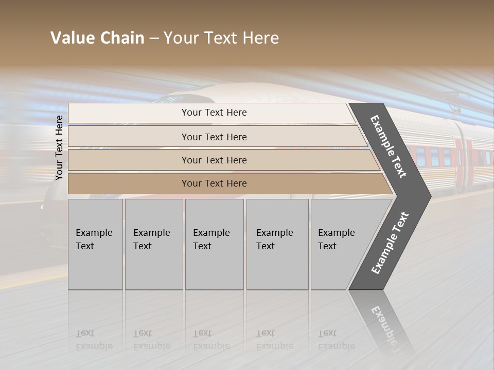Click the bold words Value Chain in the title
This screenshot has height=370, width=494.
click(x=97, y=38)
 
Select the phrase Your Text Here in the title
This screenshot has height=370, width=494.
click(x=221, y=38)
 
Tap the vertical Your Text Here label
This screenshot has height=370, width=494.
click(x=59, y=147)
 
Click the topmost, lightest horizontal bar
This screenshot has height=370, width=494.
click(x=214, y=113)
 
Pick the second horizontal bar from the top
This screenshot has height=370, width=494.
click(x=214, y=137)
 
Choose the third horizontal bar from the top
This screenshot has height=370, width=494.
click(x=214, y=160)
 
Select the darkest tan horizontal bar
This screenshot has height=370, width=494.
click(x=214, y=183)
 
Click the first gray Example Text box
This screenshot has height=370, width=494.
click(x=95, y=244)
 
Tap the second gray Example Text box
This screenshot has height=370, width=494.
click(x=153, y=244)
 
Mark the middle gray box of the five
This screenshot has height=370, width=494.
click(x=214, y=244)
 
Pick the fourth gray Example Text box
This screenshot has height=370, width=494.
click(x=277, y=244)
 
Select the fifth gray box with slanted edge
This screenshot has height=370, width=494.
click(x=340, y=244)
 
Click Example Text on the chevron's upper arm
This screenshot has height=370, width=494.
click(x=389, y=146)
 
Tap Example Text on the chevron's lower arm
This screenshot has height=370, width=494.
click(x=390, y=243)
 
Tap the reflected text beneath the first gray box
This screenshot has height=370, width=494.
click(x=94, y=340)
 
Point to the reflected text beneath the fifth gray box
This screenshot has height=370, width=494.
click(x=336, y=340)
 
